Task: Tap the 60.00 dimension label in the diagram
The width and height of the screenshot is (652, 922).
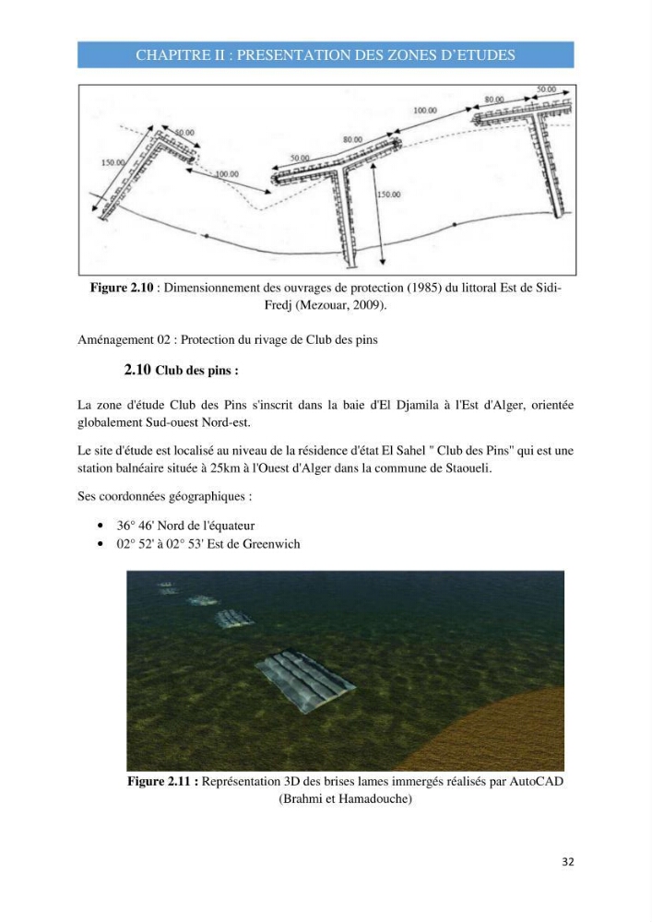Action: (x=184, y=133)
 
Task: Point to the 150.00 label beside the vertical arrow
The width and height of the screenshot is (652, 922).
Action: (x=388, y=194)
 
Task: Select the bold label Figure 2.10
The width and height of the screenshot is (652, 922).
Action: (x=122, y=288)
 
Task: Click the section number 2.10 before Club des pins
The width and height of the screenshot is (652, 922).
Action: (x=137, y=370)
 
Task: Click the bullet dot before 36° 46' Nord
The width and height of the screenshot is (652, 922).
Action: (x=101, y=526)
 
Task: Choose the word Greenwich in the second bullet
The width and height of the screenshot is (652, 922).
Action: (x=271, y=544)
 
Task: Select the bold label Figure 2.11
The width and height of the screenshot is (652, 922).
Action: (x=163, y=782)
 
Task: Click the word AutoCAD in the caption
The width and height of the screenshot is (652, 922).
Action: (x=536, y=782)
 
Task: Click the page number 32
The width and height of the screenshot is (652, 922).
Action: (x=567, y=862)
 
